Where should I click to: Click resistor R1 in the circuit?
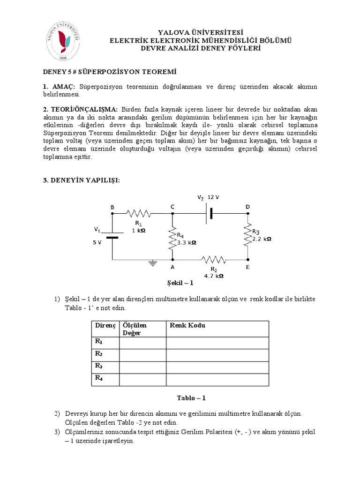[138, 214]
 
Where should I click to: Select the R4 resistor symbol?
[172, 237]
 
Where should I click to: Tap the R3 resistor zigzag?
[248, 234]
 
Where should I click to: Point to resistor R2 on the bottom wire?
[213, 259]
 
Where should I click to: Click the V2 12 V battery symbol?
[210, 214]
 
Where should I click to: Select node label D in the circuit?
[248, 207]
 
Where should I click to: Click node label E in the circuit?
[247, 267]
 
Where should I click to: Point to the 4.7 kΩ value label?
[213, 276]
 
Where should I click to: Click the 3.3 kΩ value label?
[186, 243]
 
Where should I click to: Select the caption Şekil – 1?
[180, 283]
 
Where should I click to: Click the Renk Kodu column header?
[187, 325]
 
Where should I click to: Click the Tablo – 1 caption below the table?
[191, 398]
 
